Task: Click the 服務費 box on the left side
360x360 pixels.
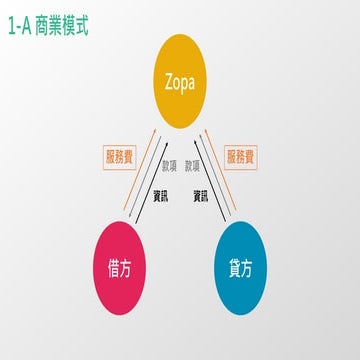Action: click(x=119, y=156)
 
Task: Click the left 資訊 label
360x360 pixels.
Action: click(x=160, y=196)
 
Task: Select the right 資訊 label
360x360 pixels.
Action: click(x=201, y=196)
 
